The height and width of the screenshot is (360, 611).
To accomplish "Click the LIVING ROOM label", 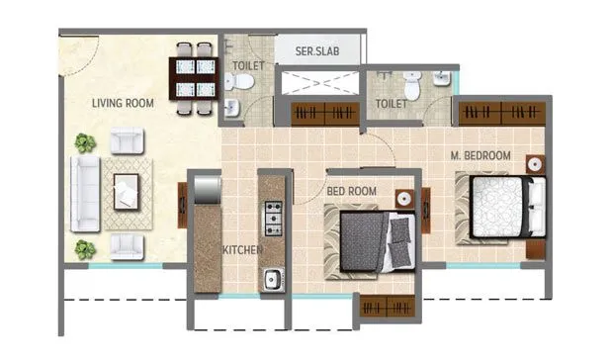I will tap(124, 103).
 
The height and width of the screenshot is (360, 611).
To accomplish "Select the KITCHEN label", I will tap(241, 250).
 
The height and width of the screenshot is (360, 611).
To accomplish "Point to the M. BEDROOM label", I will tap(480, 156).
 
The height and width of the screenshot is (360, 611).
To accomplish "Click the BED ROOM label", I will tap(352, 190).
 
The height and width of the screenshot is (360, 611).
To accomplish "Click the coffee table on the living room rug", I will tap(127, 190).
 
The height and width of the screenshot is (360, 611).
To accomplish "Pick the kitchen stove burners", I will tap(272, 213).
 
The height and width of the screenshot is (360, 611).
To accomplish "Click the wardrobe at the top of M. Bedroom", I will tap(501, 112).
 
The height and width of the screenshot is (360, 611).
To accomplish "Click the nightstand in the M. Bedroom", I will tap(535, 164).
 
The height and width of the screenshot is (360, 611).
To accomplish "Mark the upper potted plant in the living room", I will tap(86, 143).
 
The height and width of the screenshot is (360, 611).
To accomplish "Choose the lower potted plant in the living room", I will tap(86, 248).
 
